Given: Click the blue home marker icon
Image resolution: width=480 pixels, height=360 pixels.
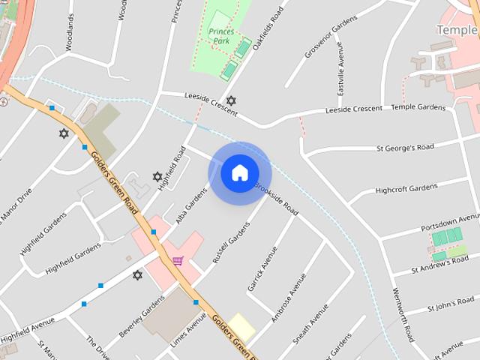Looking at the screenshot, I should click(239, 172).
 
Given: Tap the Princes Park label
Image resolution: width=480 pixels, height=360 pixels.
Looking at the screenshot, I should click(221, 36).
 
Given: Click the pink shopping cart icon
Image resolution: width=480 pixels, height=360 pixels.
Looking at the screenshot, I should click(178, 261).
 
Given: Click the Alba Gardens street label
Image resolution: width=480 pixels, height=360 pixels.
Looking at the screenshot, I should click(191, 205).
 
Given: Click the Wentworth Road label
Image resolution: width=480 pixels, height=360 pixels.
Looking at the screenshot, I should click(403, 314).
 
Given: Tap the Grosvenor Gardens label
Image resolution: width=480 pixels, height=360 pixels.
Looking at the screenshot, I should click(331, 40).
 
